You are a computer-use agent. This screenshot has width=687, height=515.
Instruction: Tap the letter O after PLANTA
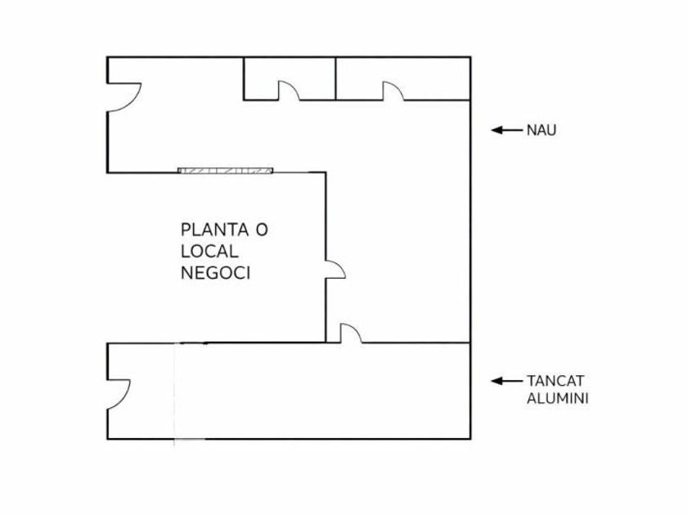click(261, 230)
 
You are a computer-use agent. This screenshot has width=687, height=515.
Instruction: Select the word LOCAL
click(209, 252)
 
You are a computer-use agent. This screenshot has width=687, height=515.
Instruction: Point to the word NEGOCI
click(215, 273)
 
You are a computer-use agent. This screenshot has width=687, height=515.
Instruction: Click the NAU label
click(541, 130)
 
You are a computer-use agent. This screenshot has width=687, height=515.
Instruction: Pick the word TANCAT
click(555, 381)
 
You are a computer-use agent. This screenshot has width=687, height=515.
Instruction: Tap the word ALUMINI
click(558, 399)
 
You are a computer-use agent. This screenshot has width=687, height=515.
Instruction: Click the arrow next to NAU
click(506, 129)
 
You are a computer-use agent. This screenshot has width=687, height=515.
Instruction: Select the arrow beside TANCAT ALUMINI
click(506, 380)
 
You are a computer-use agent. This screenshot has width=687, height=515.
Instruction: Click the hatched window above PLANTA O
click(226, 171)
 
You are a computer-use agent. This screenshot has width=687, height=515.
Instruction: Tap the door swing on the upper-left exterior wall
click(124, 97)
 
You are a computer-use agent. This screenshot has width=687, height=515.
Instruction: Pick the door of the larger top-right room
click(393, 91)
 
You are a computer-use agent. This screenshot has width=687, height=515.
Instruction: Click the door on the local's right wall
click(335, 269)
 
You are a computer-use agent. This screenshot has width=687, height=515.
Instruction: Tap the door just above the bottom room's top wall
click(351, 333)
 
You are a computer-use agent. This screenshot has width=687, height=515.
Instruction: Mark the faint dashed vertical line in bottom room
click(174, 392)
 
